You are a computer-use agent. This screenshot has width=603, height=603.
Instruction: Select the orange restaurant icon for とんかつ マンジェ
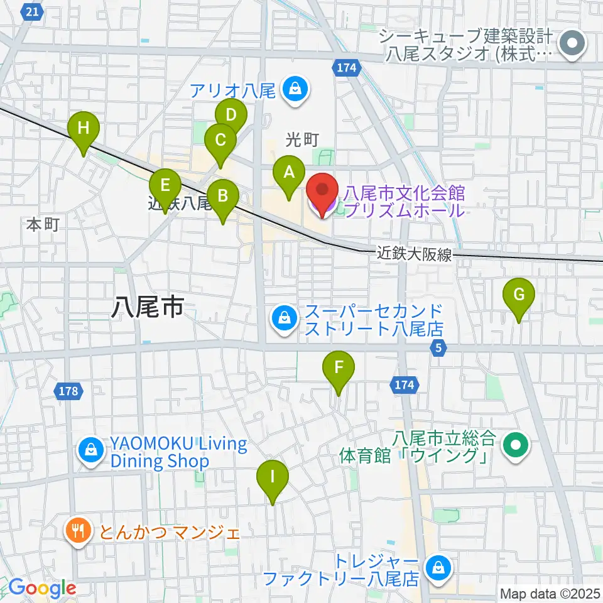coord(79,533)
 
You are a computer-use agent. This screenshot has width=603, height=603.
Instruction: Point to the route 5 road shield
coord(439,347)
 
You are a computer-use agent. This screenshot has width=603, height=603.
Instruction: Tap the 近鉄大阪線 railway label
coord(415,254)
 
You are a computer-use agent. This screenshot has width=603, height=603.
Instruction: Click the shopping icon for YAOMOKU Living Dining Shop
coord(92,452)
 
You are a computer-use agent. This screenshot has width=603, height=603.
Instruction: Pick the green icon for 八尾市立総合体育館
coord(516,445)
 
